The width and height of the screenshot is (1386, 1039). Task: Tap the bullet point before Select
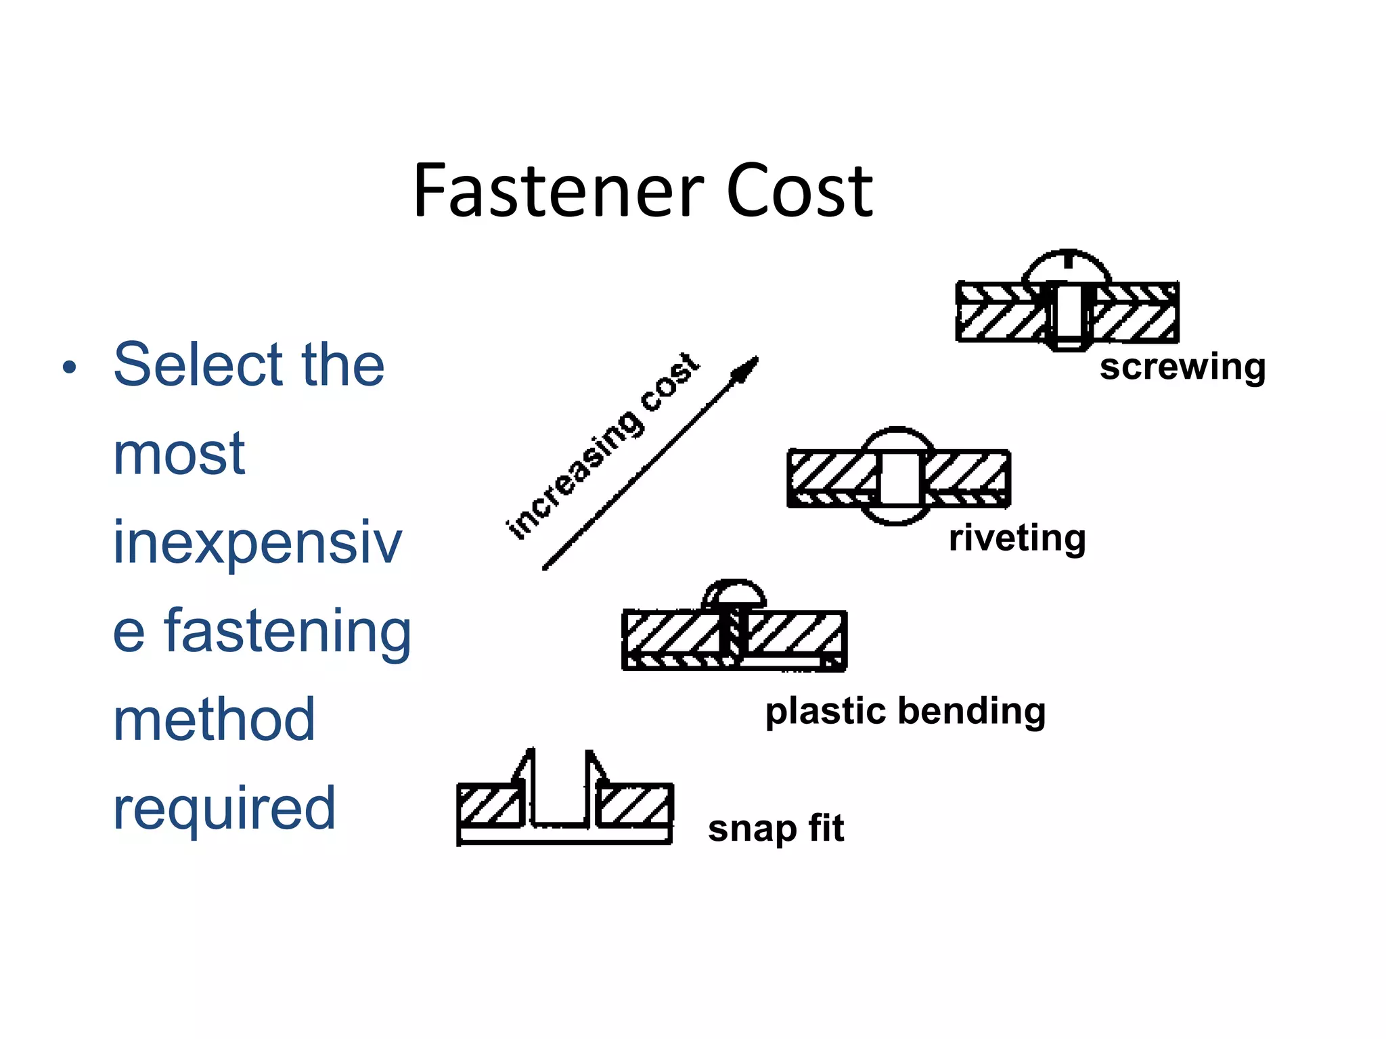(69, 368)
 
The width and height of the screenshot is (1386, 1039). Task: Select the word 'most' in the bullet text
(179, 455)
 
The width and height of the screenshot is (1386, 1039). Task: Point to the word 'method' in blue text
(214, 720)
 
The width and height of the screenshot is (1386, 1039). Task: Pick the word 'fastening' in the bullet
(288, 631)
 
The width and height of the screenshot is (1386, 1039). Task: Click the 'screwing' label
(1182, 367)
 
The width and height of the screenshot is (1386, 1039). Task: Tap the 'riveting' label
(1017, 539)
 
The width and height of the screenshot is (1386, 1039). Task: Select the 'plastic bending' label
(906, 712)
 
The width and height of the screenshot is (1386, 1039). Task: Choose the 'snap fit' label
(776, 829)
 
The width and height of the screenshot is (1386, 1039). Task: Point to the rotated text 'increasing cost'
(602, 446)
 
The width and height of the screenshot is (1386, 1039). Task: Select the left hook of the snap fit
(525, 771)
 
